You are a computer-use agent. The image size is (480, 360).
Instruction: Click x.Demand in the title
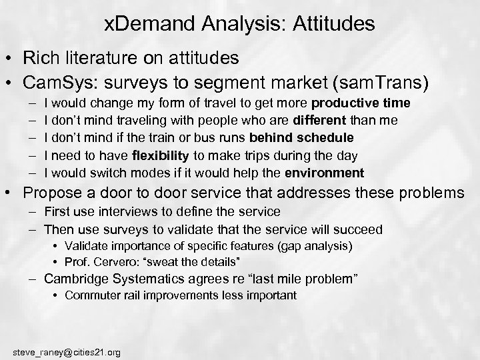[142, 25]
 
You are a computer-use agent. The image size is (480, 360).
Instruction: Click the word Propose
[52, 194]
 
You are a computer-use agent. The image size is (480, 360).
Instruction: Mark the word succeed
[359, 229]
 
